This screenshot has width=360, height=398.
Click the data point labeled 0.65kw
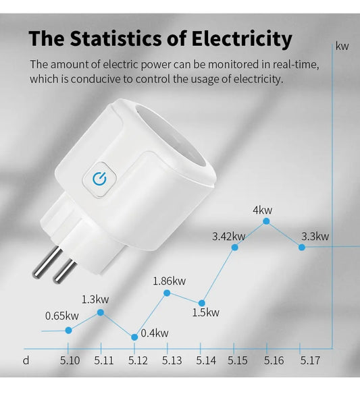[69, 330]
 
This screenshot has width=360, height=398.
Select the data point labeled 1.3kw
[101, 312]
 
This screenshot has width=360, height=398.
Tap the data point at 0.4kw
[134, 337]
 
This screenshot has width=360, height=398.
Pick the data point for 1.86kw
[167, 292]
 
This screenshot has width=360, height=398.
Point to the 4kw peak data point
[267, 221]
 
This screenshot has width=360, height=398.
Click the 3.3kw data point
[301, 247]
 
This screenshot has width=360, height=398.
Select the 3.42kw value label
[228, 236]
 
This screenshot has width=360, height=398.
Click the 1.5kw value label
[205, 312]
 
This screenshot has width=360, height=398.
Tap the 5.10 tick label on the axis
[70, 361]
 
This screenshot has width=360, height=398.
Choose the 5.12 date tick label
[138, 361]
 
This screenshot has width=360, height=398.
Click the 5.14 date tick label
[205, 361]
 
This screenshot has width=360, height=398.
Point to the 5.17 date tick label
[309, 361]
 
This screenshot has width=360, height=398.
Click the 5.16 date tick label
[274, 361]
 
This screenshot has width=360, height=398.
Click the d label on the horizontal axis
[26, 360]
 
